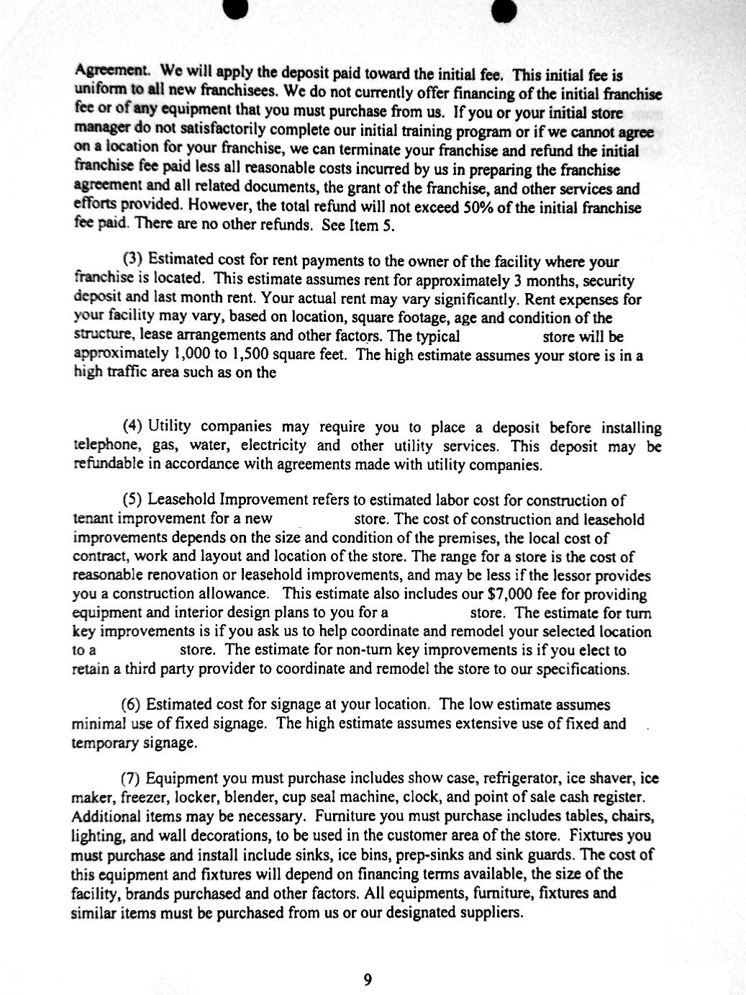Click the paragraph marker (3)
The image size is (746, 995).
pyautogui.click(x=134, y=261)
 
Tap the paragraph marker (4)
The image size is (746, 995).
pyautogui.click(x=133, y=427)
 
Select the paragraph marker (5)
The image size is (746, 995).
pyautogui.click(x=133, y=500)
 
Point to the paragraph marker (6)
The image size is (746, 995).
pyautogui.click(x=133, y=704)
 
